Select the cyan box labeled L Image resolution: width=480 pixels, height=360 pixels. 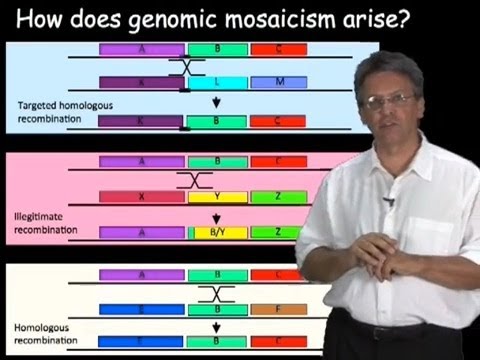click(x=217, y=81)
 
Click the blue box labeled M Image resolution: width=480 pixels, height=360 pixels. click(x=279, y=81)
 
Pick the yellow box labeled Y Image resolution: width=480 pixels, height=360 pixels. click(x=217, y=197)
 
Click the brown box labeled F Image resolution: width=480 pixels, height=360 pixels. click(x=285, y=309)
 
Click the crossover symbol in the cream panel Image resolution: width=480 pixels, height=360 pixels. click(x=216, y=294)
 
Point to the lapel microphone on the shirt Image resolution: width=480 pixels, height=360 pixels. click(x=388, y=201)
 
